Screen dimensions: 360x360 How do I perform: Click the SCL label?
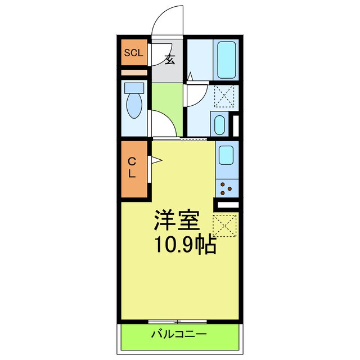click(x=134, y=53)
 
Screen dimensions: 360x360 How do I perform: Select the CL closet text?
click(x=132, y=168)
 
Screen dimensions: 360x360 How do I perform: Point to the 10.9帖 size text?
click(x=185, y=245)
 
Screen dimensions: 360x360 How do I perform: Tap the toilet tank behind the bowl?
click(x=134, y=88)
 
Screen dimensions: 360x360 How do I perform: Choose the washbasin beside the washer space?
click(x=219, y=123)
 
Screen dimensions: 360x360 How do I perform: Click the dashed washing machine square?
click(x=224, y=95)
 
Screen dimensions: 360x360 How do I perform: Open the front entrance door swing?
click(x=168, y=22)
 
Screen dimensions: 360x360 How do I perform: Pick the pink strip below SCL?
click(x=134, y=72)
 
